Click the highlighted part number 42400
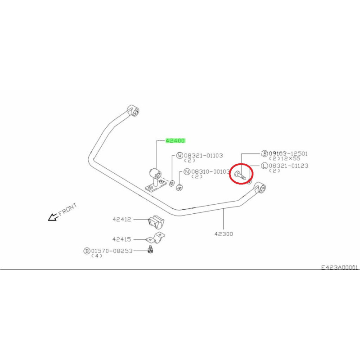175,140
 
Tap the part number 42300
224,234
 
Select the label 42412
122,219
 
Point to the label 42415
121,239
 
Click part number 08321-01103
203,155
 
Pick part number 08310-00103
211,171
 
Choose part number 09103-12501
288,153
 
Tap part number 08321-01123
288,166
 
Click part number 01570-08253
112,251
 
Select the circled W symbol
180,155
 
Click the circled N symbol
187,171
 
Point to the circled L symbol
265,166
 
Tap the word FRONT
67,209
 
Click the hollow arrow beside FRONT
53,217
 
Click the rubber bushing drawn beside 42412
156,222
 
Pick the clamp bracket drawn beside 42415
156,238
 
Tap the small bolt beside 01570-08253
150,250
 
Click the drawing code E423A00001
339,267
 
